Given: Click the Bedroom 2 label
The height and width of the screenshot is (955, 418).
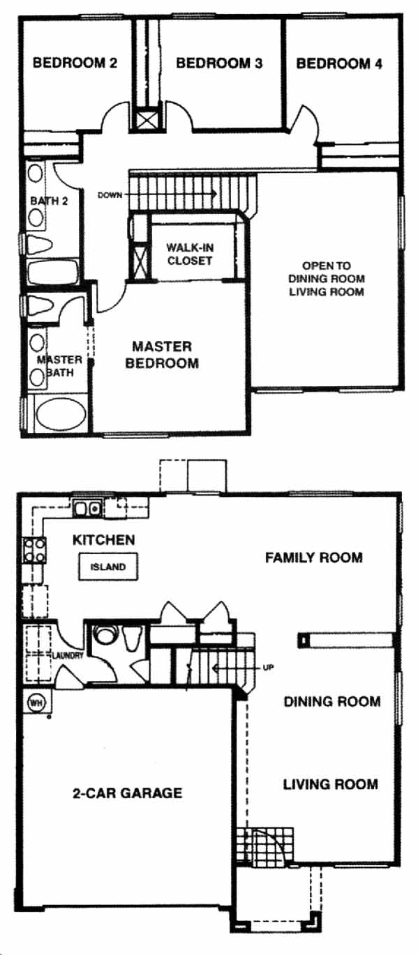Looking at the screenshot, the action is coord(75,63).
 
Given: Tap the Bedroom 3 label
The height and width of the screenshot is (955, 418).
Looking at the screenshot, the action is coord(219,63).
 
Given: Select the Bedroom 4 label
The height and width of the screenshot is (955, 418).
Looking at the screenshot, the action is coord(339,64).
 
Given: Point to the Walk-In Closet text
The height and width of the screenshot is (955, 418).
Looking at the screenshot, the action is coord(190,254).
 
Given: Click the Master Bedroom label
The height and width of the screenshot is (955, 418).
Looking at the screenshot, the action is coord(162,355).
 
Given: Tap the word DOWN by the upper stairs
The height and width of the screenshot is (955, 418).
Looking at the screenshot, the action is coord(110,195).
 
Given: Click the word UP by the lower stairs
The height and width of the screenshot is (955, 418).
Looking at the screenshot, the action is coord(268,668).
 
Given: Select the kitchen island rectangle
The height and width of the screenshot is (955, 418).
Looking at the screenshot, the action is coord(108,567).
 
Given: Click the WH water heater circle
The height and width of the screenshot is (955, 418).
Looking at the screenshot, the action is coord(36,703).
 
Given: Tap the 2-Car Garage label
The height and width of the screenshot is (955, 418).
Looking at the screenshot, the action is coord(127,793).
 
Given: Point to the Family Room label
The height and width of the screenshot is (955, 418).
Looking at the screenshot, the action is coord(314,558).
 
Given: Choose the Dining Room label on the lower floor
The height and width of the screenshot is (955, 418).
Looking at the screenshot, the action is coord(331,701).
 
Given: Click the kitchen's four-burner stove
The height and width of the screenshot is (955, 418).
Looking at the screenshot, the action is coord(34,551).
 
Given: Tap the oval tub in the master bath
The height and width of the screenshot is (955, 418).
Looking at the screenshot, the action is coord(60,413).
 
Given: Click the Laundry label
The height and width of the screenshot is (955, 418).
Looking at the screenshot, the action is coord(67,655).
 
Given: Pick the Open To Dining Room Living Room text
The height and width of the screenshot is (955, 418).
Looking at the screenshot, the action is coord(327,279).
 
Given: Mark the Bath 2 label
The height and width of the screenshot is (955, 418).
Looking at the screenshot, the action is coord(49,201).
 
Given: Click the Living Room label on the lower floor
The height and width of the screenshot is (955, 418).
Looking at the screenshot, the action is coord(331,784).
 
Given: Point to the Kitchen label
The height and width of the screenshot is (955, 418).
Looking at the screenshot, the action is coord(104,540).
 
